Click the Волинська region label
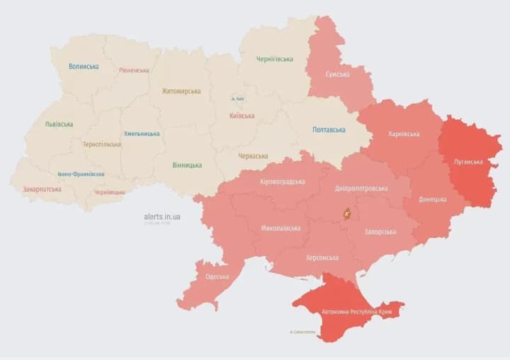click(x=84, y=67)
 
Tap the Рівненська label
click(x=134, y=70)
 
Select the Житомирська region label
click(x=181, y=91)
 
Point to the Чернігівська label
click(x=276, y=59)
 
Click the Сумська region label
click(x=337, y=74)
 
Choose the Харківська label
click(x=404, y=134)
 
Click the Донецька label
click(x=433, y=199)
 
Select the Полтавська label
click(x=329, y=130)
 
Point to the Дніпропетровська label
click(x=362, y=189)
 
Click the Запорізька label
click(x=381, y=232)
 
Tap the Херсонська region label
click(x=322, y=257)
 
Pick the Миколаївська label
click(x=280, y=228)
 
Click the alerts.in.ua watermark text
click(x=161, y=216)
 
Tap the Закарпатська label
click(x=42, y=189)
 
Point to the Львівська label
click(x=59, y=124)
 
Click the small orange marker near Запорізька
click(x=347, y=213)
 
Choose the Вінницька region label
click(x=186, y=165)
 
